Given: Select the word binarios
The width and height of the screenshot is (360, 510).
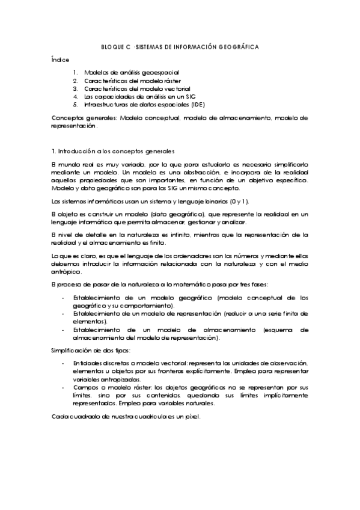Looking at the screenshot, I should point(206,201).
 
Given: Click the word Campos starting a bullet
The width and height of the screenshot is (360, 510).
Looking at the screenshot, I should point(85,388).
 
